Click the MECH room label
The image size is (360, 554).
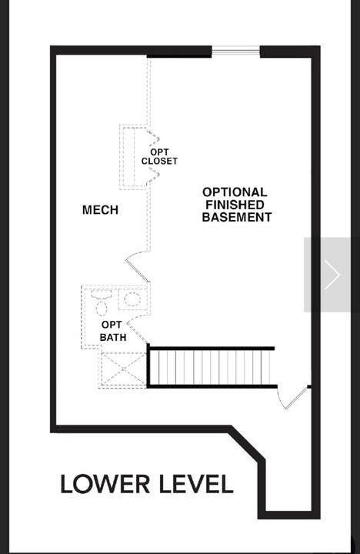click(100, 210)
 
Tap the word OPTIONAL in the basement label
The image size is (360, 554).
click(235, 192)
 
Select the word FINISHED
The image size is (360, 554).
click(235, 205)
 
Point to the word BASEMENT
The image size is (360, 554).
click(236, 218)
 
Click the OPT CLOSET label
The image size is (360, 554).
click(159, 157)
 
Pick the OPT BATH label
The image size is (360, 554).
click(112, 330)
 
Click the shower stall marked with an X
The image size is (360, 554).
click(122, 369)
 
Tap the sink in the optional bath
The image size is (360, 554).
click(132, 299)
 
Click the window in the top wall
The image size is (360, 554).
click(235, 52)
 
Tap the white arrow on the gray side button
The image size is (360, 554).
click(332, 275)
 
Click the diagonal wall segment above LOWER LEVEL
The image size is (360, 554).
click(248, 446)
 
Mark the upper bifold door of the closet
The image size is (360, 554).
click(153, 138)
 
